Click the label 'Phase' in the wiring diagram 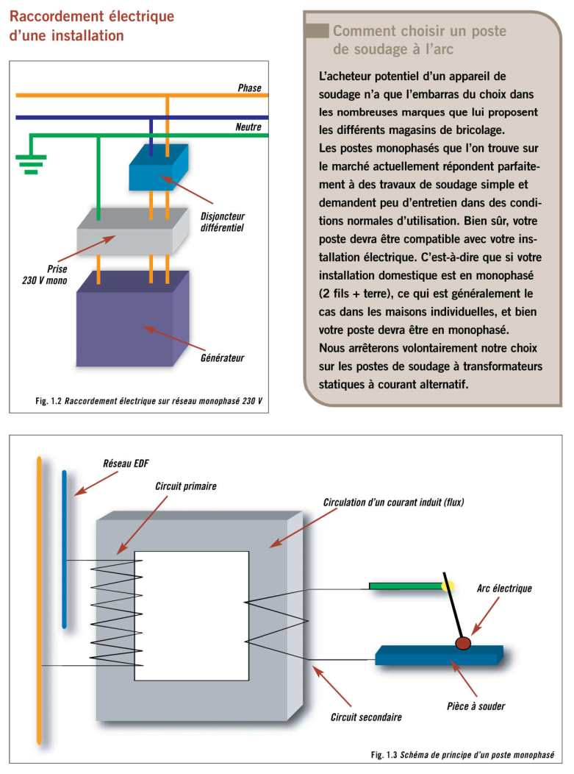click(249, 88)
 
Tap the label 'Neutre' click(248, 127)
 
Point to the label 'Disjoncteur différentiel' click(222, 222)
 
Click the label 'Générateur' click(222, 359)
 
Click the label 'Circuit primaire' click(186, 486)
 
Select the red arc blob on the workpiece click(464, 644)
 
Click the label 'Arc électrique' click(504, 589)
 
